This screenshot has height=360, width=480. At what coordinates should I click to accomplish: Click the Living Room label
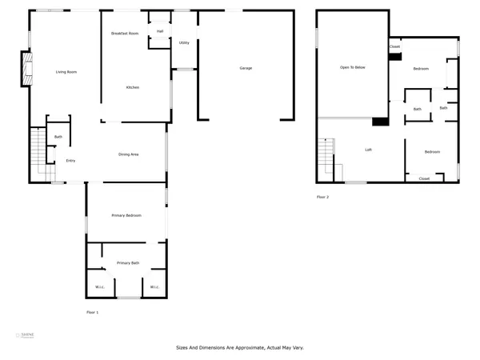tap(66, 73)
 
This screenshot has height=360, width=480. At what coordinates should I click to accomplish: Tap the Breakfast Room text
tap(125, 33)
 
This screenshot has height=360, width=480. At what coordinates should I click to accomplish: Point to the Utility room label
tap(184, 42)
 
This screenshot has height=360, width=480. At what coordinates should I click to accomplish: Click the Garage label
tap(246, 68)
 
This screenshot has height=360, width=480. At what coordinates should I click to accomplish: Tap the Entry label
tap(70, 161)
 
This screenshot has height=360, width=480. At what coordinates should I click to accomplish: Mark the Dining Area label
tap(130, 154)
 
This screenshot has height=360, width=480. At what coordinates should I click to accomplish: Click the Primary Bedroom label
tap(126, 216)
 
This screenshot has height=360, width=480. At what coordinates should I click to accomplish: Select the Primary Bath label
tap(128, 263)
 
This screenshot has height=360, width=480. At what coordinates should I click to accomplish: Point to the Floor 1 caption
tap(93, 311)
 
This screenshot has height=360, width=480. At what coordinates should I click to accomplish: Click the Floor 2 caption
tap(322, 196)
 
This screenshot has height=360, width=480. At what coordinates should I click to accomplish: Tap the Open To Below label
tap(352, 68)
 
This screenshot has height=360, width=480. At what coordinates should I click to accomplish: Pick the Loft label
tap(368, 150)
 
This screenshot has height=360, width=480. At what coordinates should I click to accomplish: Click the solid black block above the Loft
tap(381, 122)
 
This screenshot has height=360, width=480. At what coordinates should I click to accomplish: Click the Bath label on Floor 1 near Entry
tap(58, 137)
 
